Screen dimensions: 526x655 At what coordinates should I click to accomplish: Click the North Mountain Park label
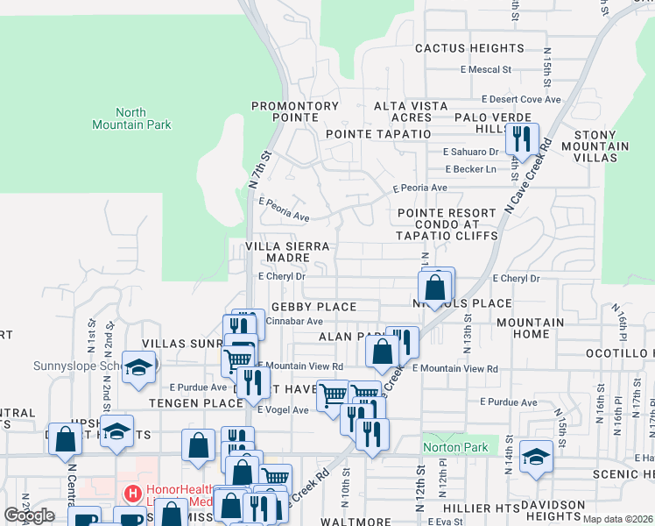(x=131, y=118)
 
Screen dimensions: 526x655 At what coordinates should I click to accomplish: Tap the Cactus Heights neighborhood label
(x=469, y=48)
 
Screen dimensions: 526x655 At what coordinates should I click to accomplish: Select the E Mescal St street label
(x=485, y=69)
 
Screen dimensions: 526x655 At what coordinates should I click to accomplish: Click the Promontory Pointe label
(x=295, y=111)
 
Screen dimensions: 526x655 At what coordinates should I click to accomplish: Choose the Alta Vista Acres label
(x=412, y=111)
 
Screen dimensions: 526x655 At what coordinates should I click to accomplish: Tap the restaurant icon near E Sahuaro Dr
(x=522, y=139)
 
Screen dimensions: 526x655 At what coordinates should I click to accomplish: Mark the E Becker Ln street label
(x=470, y=169)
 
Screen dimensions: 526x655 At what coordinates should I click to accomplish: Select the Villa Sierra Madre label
(x=289, y=253)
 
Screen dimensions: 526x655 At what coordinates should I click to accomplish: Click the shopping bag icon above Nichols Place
(x=435, y=286)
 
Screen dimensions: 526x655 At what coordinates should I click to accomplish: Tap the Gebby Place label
(x=313, y=307)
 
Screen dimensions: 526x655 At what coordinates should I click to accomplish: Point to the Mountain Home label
(x=530, y=329)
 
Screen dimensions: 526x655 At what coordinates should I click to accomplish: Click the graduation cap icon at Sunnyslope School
(x=138, y=368)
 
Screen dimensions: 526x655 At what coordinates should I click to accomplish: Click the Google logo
(x=29, y=515)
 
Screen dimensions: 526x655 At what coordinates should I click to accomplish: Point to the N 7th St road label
(x=255, y=170)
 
